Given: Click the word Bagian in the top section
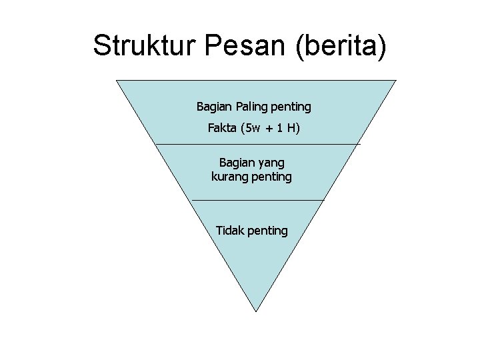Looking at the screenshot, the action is click(x=212, y=107).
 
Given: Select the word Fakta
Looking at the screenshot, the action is click(x=222, y=127).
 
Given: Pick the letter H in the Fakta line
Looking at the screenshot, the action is click(x=293, y=127).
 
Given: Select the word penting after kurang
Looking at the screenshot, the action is click(x=271, y=177).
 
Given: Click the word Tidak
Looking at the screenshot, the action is click(x=230, y=231).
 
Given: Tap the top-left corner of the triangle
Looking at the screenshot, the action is click(x=117, y=81).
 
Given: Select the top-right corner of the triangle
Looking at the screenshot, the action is click(x=396, y=81).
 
